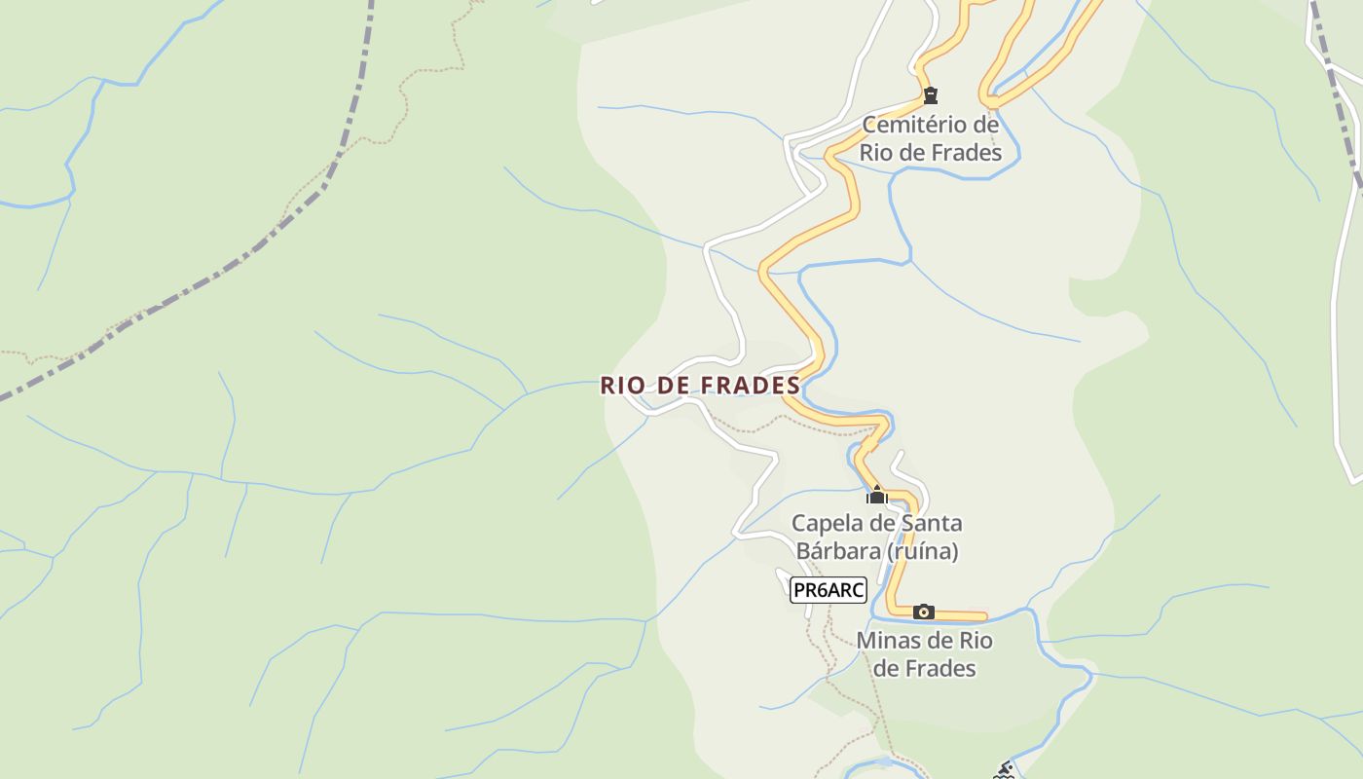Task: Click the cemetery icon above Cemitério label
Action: pos(931,95)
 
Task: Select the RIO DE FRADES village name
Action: pos(700,386)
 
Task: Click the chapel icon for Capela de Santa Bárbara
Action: pos(877,496)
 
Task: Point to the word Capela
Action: pos(829,523)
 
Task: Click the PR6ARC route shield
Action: pos(828,590)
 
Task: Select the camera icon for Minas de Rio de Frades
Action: pos(924,612)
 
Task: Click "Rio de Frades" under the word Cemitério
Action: pos(930,153)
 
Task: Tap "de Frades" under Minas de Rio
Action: pos(924,668)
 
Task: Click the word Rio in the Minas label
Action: pos(976,641)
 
